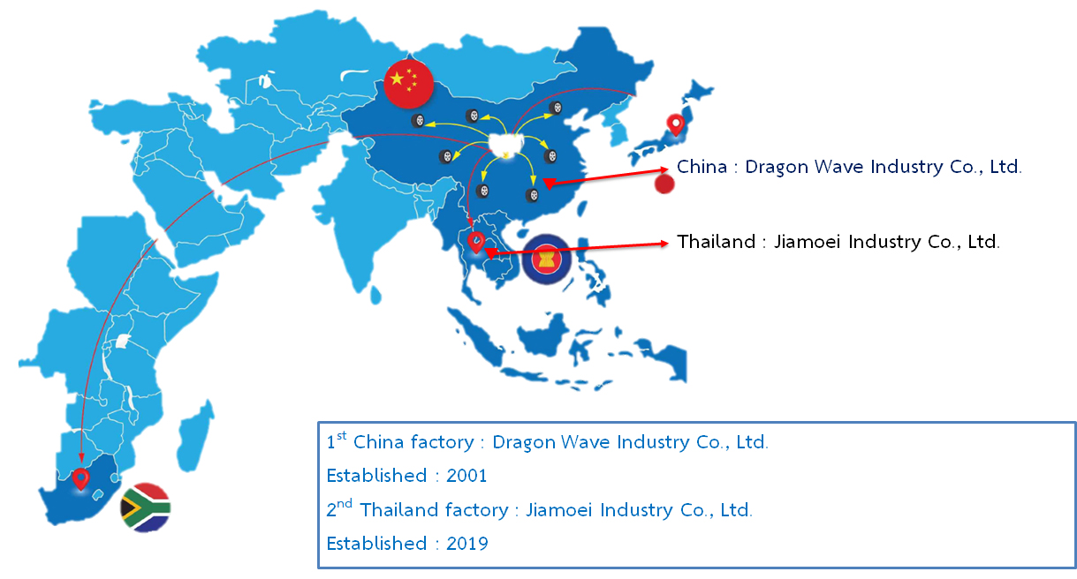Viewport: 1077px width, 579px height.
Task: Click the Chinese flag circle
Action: click(409, 84)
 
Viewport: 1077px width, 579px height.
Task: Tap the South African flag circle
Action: click(146, 508)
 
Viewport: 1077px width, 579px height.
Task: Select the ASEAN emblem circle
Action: click(546, 259)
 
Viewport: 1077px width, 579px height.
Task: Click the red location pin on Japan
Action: click(676, 125)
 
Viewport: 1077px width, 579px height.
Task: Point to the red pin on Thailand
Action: click(476, 242)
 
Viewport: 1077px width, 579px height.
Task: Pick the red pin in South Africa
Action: click(80, 479)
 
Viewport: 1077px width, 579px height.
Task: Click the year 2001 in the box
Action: click(466, 476)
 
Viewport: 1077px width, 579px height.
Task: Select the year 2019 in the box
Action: click(466, 544)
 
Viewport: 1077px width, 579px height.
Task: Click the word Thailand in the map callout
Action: click(716, 241)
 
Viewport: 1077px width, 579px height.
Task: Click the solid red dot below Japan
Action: click(664, 184)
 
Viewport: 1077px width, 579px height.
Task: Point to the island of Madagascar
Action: click(194, 437)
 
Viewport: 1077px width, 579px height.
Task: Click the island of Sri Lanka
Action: click(376, 295)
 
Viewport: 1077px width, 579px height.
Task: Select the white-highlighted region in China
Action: click(506, 146)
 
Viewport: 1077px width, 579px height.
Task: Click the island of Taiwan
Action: click(581, 207)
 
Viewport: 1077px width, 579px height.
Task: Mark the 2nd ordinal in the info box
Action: click(339, 508)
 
